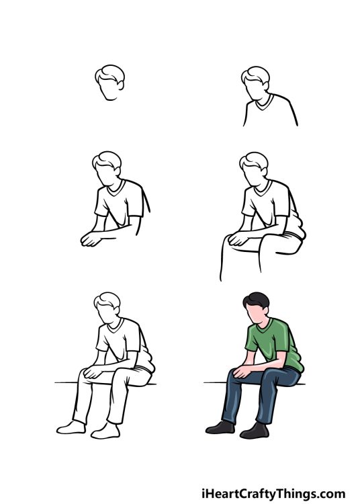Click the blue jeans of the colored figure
255,396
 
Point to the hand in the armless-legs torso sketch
90,239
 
